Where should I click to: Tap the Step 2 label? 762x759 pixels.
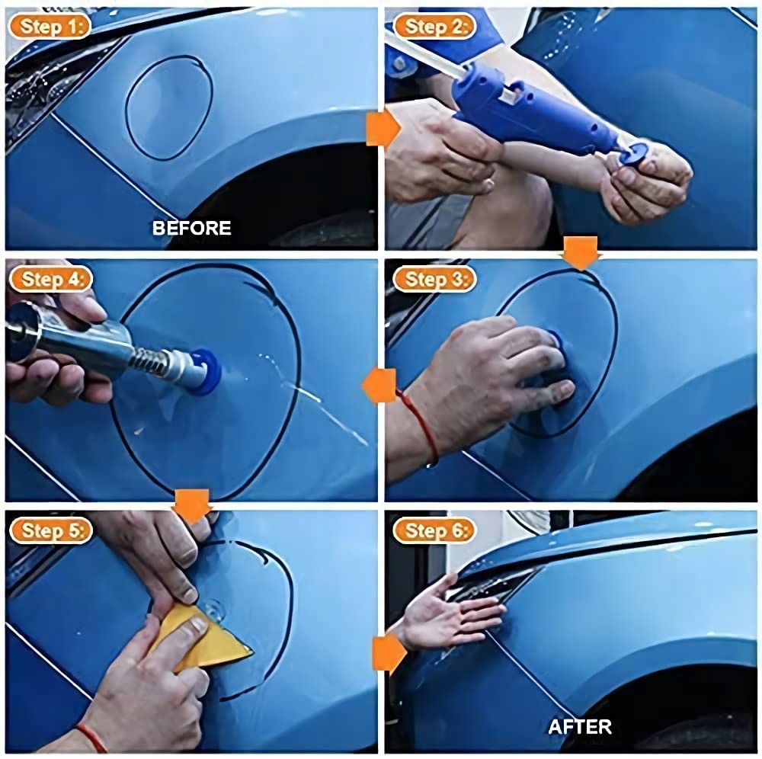pyautogui.click(x=434, y=26)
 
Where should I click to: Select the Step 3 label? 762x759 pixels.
pyautogui.click(x=434, y=279)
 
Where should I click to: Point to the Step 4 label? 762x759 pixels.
pyautogui.click(x=50, y=279)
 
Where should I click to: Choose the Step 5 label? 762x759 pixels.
pyautogui.click(x=50, y=530)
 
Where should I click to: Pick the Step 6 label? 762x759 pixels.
pyautogui.click(x=434, y=530)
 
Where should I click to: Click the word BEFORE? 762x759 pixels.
pyautogui.click(x=191, y=228)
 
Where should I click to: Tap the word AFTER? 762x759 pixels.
pyautogui.click(x=580, y=726)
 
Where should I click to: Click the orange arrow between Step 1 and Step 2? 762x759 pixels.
pyautogui.click(x=383, y=128)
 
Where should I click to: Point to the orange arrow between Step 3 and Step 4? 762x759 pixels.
pyautogui.click(x=379, y=386)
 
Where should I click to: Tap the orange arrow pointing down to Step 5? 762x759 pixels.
pyautogui.click(x=193, y=506)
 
